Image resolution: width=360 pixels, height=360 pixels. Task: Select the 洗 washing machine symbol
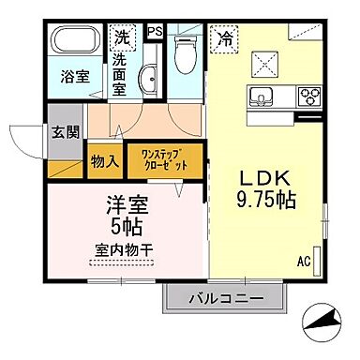coord(122,38)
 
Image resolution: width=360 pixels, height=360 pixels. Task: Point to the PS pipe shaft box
coord(155,30)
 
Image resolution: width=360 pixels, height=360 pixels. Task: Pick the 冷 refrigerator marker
coord(224,38)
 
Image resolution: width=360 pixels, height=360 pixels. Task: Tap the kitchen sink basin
coord(261,96)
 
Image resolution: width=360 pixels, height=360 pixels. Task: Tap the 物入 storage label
coord(104,161)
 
